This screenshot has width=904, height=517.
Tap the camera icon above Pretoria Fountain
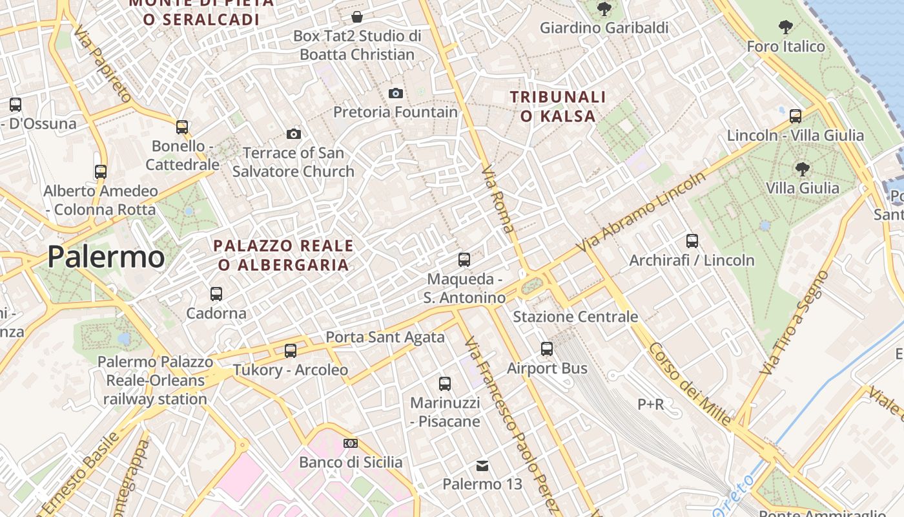click(x=396, y=93)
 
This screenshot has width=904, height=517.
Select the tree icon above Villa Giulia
click(x=803, y=169)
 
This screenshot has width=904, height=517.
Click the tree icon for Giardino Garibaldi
click(x=604, y=9)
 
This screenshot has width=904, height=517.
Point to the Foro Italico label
click(x=786, y=47)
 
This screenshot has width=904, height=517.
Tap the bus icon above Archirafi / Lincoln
click(x=692, y=241)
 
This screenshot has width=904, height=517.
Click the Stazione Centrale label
click(x=575, y=317)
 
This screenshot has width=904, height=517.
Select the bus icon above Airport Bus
click(x=547, y=349)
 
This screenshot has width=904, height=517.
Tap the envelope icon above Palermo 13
click(x=482, y=465)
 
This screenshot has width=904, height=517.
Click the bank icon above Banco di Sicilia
click(x=351, y=443)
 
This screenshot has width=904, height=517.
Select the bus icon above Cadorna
click(x=216, y=294)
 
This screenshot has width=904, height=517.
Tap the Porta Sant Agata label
click(x=385, y=337)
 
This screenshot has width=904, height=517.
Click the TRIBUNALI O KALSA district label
click(x=559, y=107)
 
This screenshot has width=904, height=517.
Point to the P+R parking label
click(x=651, y=405)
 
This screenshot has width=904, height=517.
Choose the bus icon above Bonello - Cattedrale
click(x=182, y=127)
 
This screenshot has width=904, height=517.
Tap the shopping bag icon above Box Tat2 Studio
click(x=357, y=17)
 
